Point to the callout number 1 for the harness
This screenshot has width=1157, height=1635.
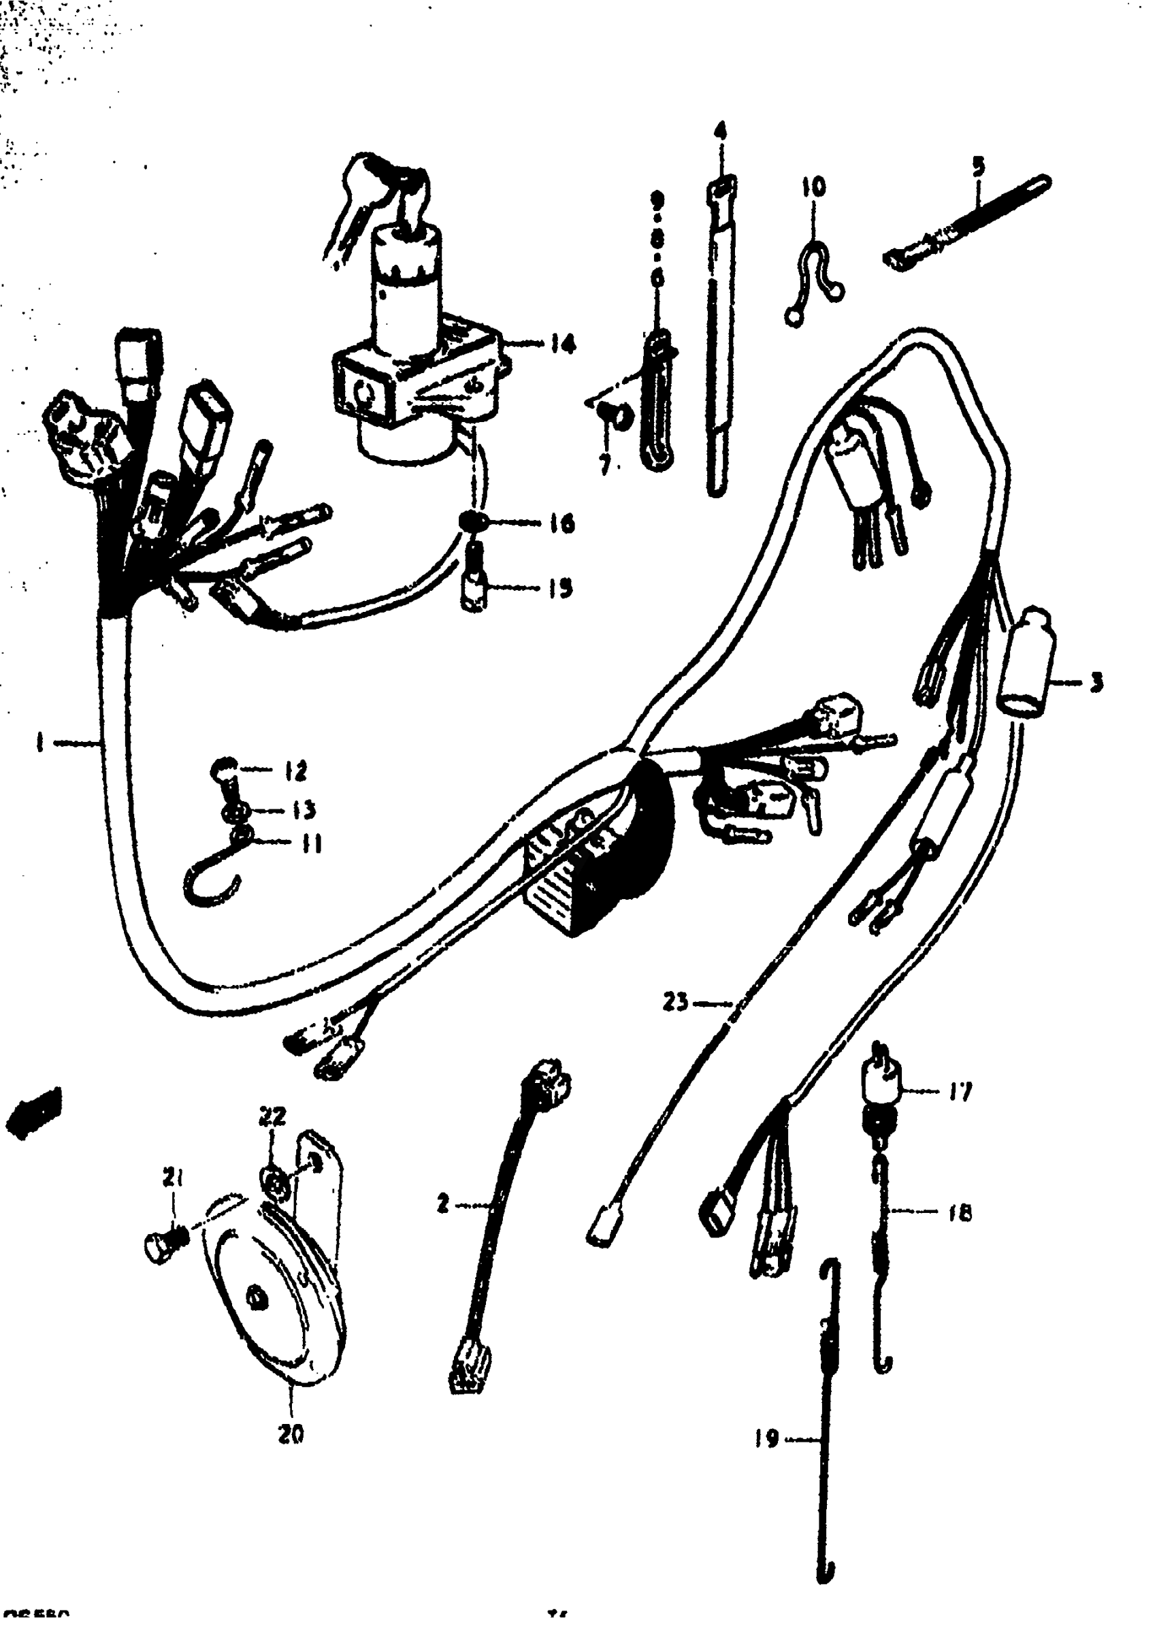(40, 744)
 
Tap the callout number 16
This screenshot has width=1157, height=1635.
(562, 524)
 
